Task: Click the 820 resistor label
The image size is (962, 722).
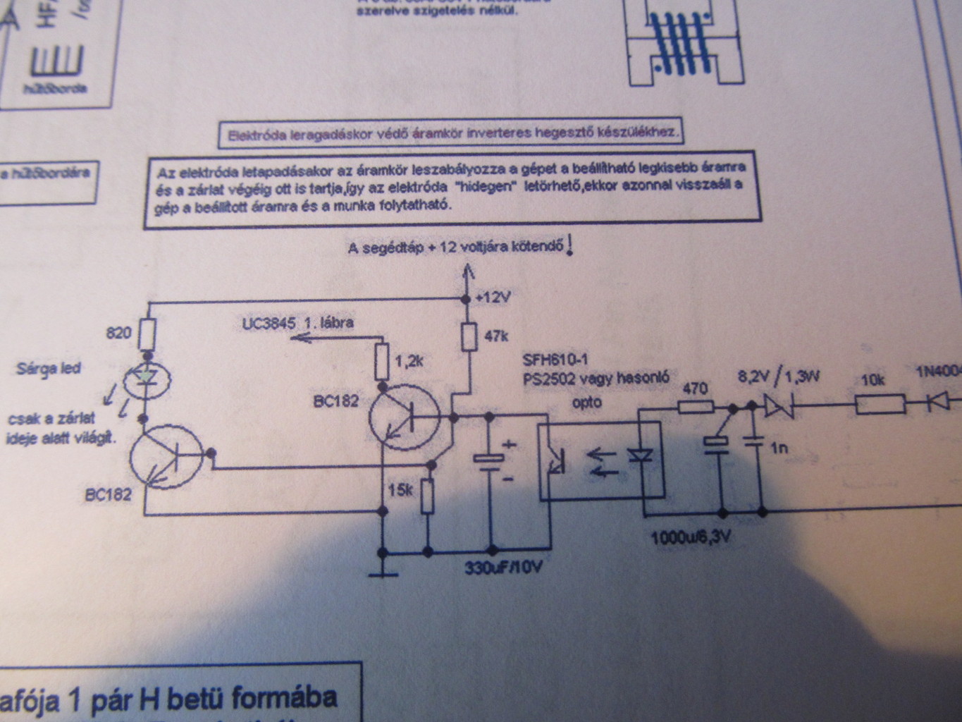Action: click(x=118, y=332)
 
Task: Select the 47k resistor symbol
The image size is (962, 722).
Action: click(x=466, y=337)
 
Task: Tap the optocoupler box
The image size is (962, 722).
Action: click(x=600, y=460)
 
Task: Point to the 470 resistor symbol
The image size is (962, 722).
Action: click(x=696, y=407)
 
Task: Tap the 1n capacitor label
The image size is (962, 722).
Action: click(x=779, y=447)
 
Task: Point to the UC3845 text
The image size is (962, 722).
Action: click(x=267, y=323)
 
